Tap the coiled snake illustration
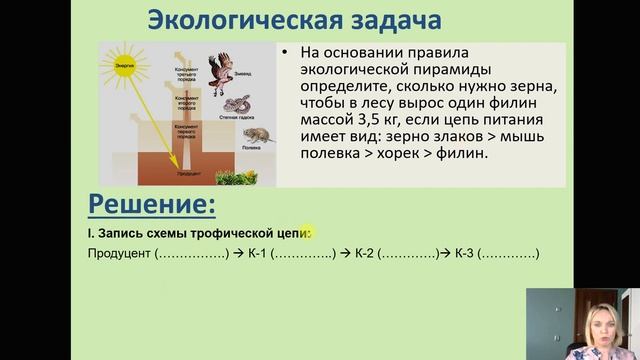[x=238, y=105]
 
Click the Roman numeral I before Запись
[x=90, y=233]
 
